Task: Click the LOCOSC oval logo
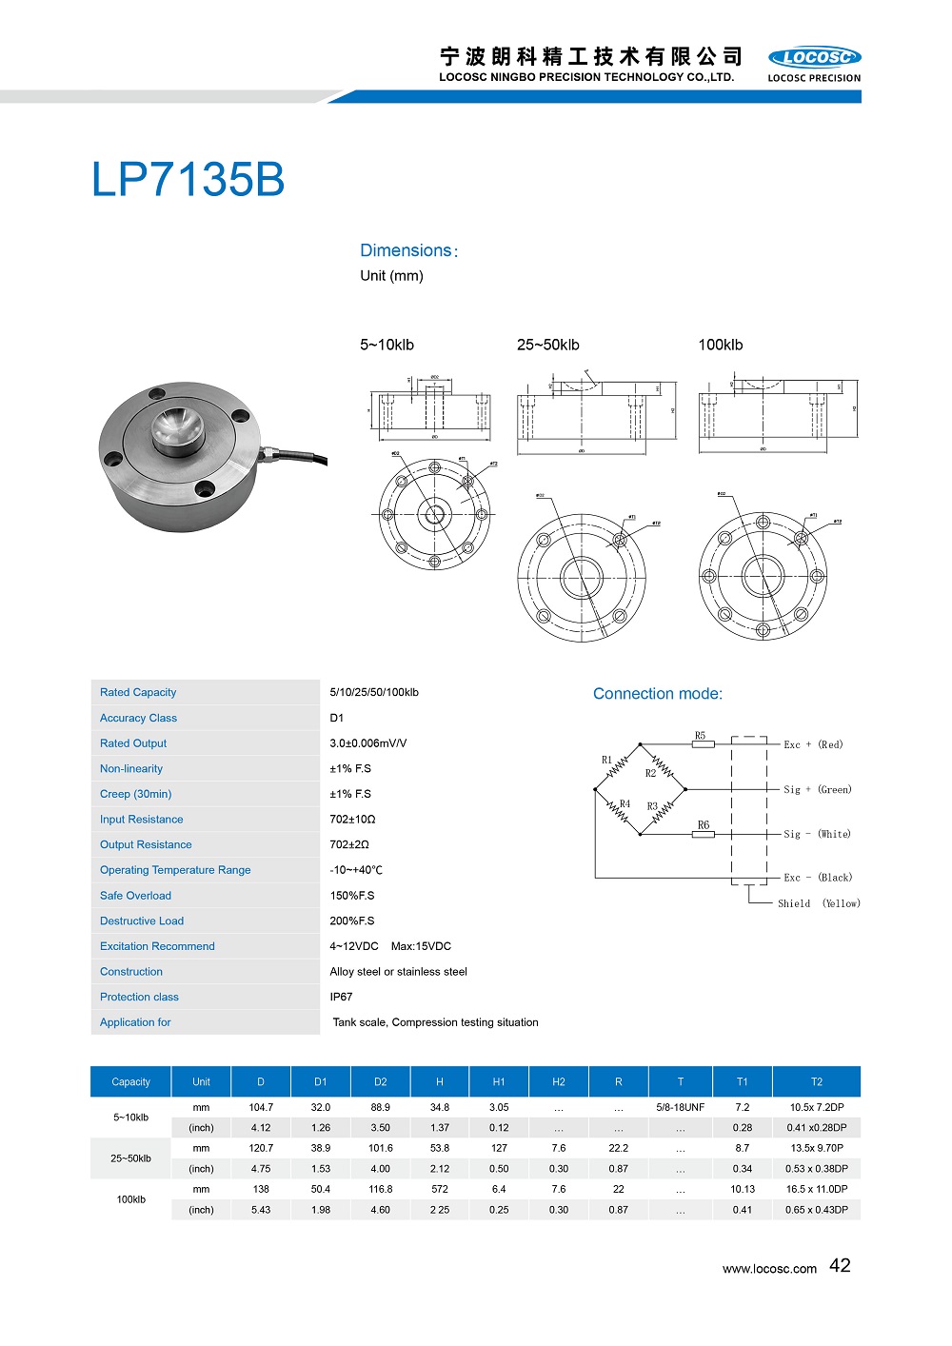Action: point(814,57)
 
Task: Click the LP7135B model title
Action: point(188,180)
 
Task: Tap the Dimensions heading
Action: point(407,250)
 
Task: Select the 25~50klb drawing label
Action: point(547,345)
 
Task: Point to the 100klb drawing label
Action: point(720,345)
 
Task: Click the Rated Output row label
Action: point(133,743)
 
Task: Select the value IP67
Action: point(341,997)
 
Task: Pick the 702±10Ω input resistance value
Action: point(352,819)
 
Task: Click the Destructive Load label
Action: point(142,920)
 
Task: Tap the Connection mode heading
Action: point(658,694)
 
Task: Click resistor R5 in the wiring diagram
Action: point(703,743)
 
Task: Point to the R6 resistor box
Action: point(703,834)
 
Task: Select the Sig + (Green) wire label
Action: point(817,789)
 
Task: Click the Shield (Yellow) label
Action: point(818,903)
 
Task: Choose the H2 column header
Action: point(559,1081)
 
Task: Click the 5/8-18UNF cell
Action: point(680,1107)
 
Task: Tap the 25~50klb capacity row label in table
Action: point(130,1158)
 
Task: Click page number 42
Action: point(840,1265)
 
